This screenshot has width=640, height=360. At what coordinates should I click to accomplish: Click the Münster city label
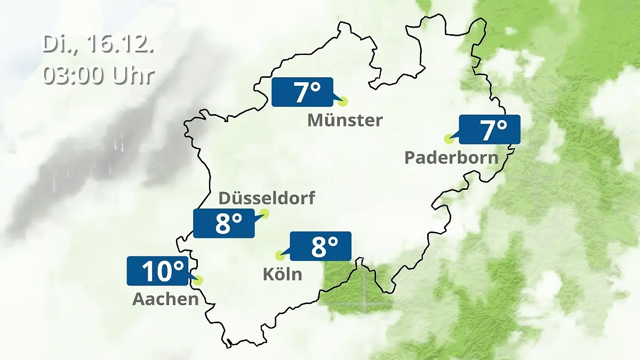(345, 121)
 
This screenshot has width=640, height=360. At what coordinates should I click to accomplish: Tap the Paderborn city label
(451, 158)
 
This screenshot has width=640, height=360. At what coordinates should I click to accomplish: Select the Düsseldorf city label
(267, 198)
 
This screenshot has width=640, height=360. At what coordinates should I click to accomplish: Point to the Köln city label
(282, 275)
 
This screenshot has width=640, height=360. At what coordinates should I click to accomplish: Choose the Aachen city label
(165, 299)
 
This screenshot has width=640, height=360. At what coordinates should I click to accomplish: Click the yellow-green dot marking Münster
(342, 101)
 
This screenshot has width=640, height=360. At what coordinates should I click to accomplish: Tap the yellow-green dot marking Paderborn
(449, 139)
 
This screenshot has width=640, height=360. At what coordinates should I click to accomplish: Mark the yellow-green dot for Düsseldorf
(264, 214)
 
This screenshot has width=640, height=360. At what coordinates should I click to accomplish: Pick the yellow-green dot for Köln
(279, 255)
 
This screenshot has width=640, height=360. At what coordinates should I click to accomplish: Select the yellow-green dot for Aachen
(198, 279)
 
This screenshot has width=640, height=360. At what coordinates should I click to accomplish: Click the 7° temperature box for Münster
(302, 92)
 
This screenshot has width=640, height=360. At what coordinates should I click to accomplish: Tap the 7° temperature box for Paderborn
(489, 130)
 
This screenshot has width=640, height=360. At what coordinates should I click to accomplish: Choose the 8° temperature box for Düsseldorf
(224, 223)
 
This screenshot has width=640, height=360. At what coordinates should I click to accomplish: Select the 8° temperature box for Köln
(320, 246)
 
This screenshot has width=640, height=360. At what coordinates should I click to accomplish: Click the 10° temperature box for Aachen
(158, 271)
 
